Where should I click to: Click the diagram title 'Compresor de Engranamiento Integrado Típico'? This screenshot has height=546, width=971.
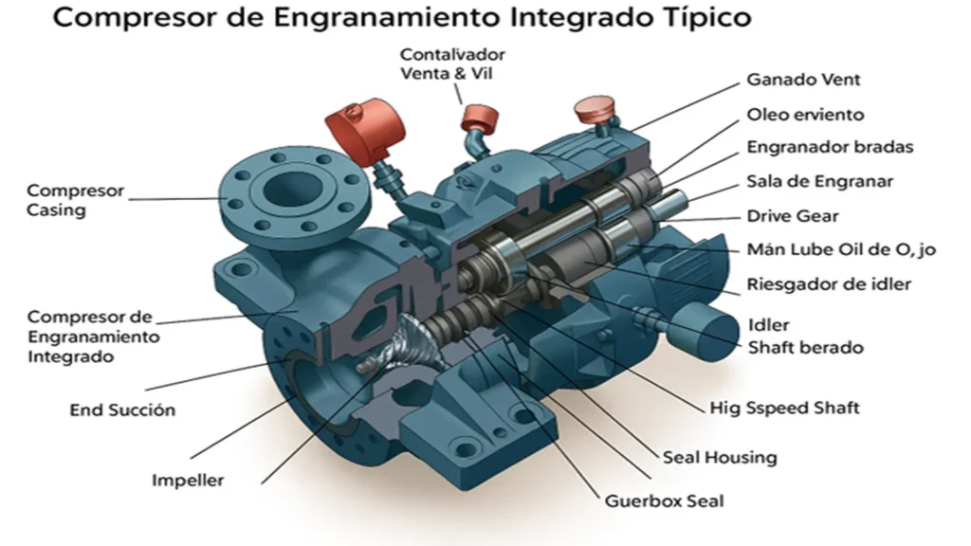402,17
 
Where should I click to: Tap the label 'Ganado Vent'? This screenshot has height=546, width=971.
803,80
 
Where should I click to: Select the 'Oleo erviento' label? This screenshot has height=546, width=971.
805,115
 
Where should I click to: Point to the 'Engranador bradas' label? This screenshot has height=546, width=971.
830,147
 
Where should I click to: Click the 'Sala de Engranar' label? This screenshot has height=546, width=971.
820,181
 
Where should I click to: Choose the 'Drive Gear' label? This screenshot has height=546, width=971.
793,216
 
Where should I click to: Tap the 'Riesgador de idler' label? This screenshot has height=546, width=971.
829,284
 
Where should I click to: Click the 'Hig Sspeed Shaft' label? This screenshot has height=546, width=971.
784,408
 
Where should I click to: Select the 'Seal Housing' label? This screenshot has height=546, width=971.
720,458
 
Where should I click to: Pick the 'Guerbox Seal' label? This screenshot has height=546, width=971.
664,500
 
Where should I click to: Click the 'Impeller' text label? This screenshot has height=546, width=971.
188,481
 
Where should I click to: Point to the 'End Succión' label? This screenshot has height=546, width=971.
122,409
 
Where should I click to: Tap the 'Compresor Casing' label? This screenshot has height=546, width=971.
76,200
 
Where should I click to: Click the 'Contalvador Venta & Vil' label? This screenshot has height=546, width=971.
452,64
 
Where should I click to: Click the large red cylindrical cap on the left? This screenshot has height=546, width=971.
365,131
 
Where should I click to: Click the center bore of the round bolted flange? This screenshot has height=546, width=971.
295,189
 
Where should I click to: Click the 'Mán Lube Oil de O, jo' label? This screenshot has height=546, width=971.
841,249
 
